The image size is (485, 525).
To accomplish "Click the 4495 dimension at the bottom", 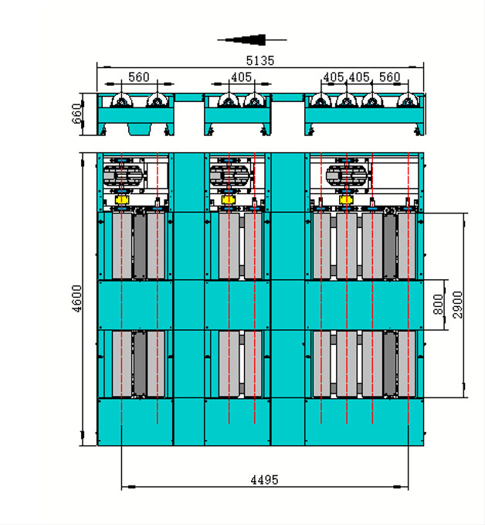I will point(264,479).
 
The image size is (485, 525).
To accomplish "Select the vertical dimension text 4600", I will point(76,298).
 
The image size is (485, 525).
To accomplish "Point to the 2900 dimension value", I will point(457,305).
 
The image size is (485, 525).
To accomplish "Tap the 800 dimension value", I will point(439,305).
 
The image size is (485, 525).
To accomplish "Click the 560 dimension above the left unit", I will point(139,77).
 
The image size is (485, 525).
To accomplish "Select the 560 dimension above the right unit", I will point(390,77).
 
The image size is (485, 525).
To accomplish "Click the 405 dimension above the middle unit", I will point(242,77).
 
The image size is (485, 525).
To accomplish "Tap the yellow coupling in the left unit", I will point(120,199).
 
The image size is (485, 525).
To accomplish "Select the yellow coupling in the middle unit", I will point(228,199).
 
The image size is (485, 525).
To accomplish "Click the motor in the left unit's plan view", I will point(124,174).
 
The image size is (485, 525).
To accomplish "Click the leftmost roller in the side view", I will point(122,103).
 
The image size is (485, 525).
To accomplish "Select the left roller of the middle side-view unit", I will point(228,103).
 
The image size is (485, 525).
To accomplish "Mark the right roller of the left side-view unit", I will point(158,103).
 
